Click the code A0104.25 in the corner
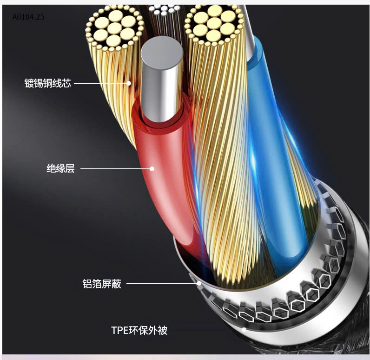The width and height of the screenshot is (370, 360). tap(28, 16)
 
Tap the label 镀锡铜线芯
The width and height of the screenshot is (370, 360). tap(47, 84)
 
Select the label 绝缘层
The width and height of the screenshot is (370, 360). tap(60, 168)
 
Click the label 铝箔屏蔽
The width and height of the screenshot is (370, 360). tap(101, 283)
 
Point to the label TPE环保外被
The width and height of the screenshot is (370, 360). tap(139, 330)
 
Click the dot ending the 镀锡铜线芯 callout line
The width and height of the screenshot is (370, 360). tap(129, 84)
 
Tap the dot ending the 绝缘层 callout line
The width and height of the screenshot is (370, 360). tap(152, 168)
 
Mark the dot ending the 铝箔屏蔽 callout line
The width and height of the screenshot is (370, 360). tap(198, 283)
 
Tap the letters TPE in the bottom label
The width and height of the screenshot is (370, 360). tap(119, 330)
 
